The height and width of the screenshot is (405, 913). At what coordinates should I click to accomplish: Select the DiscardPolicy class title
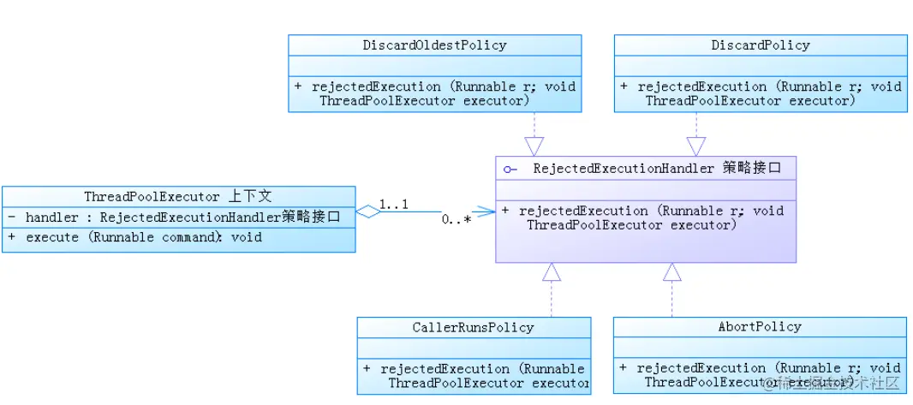(761, 45)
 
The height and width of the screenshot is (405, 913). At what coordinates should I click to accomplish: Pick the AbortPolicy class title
(760, 327)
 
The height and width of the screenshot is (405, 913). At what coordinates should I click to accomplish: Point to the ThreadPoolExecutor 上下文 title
(177, 197)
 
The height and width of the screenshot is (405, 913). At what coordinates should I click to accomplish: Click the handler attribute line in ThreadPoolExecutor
(177, 217)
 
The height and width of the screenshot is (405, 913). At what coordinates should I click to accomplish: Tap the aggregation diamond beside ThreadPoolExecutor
(367, 211)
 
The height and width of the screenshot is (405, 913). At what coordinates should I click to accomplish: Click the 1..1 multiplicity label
(394, 205)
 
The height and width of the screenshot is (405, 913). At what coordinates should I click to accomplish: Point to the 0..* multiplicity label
(456, 220)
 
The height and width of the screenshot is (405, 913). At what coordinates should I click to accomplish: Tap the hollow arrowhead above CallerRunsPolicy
(552, 272)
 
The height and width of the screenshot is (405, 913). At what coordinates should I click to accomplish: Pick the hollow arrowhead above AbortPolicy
(672, 272)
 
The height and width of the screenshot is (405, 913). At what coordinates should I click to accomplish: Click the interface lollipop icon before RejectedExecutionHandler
(510, 170)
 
